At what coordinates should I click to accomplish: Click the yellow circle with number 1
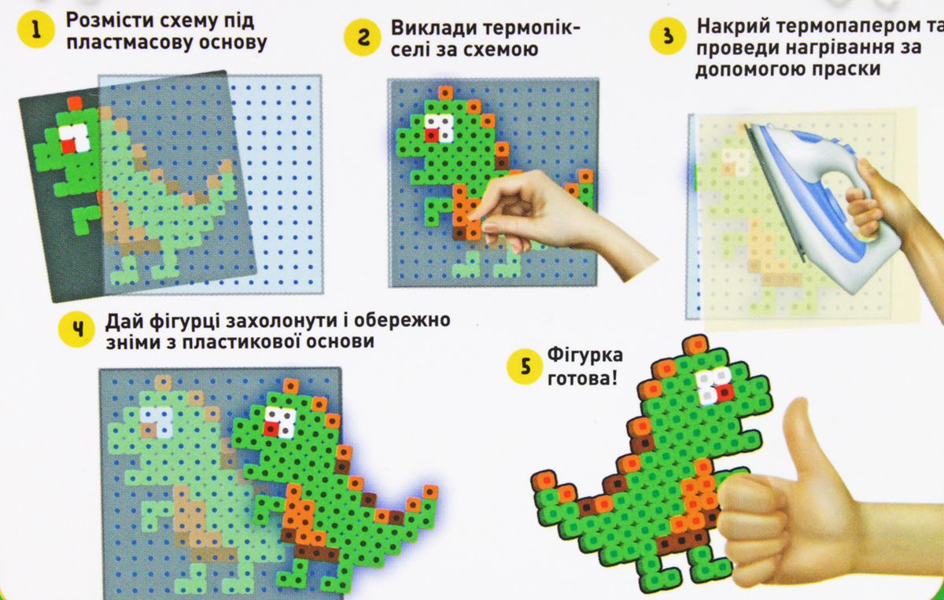click(x=36, y=31)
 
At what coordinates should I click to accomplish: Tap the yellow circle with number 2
click(x=363, y=38)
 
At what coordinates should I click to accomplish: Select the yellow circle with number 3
click(x=668, y=35)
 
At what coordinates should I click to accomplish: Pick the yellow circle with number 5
click(x=525, y=366)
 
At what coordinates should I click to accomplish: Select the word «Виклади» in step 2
click(x=432, y=28)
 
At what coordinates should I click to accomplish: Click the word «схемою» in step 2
click(x=500, y=50)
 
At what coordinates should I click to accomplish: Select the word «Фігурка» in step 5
click(x=585, y=355)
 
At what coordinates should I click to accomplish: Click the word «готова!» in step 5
click(x=582, y=378)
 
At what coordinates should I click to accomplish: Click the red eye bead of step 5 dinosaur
click(x=724, y=393)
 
